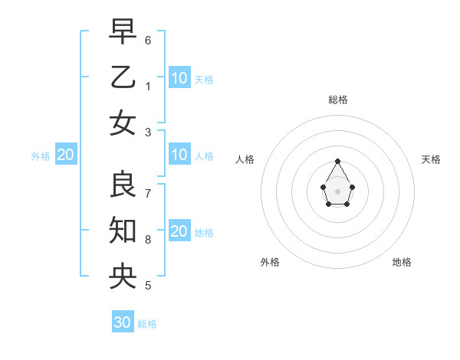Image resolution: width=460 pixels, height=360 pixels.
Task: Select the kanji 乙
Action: pos(123,77)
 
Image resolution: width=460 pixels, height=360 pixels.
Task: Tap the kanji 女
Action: pos(123,123)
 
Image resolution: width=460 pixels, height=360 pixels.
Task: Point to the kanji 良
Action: pos(123,184)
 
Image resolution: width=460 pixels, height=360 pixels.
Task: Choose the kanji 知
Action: pos(123,230)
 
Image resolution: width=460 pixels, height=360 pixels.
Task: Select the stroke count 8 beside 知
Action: pos(148,240)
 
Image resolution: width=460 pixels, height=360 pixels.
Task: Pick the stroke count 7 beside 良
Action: pos(148,193)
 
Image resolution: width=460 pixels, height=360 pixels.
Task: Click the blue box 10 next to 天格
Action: pos(179,78)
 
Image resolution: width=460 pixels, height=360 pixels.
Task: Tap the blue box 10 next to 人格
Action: pos(179,155)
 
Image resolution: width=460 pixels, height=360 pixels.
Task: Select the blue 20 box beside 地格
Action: pos(179,231)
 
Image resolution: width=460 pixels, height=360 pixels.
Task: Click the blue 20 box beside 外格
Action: pos(65,155)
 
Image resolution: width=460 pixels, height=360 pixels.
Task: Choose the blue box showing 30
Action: pos(123,322)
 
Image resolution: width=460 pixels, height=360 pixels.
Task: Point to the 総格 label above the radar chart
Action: pos(338,100)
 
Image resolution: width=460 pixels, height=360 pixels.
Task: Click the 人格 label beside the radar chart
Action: pos(245,159)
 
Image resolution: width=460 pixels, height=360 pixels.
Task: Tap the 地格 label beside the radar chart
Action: pos(402,262)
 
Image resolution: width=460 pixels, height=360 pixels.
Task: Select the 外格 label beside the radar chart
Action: pos(270,262)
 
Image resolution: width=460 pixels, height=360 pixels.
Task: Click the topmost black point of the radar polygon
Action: pos(338,161)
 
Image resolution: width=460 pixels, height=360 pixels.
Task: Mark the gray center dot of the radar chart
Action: pos(338,191)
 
